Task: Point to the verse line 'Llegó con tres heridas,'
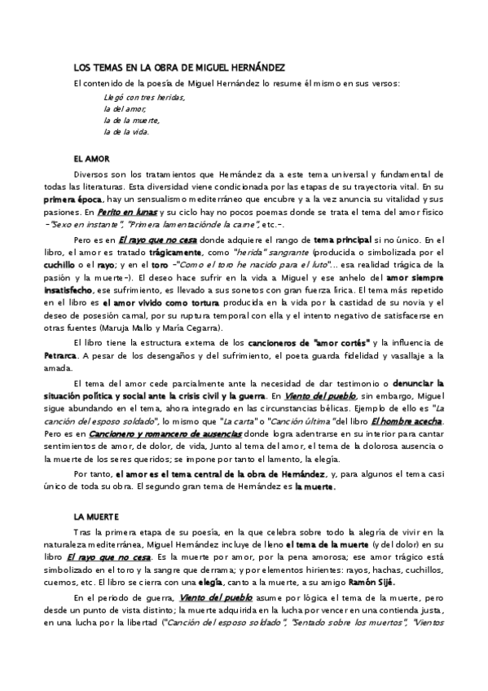tap(139, 97)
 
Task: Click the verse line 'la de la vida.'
tap(126, 131)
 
